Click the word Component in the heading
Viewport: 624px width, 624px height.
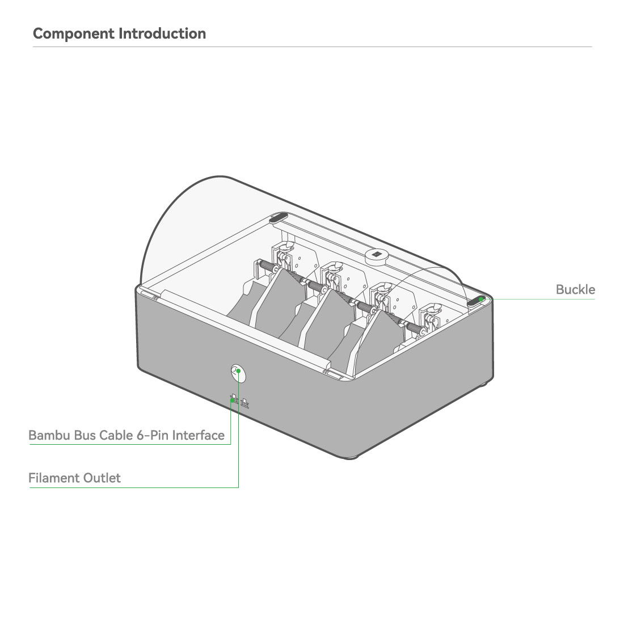coord(74,34)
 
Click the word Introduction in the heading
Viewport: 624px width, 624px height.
coord(162,33)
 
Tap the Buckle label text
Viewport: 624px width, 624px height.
coord(575,289)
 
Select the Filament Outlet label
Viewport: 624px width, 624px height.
coord(74,478)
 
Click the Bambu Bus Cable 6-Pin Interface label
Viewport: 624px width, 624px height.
coord(127,435)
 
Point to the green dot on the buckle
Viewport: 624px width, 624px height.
coord(481,300)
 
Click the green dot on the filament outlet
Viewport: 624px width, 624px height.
coord(238,371)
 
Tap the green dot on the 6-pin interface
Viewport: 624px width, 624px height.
coord(233,400)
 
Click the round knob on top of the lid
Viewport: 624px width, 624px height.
coord(376,255)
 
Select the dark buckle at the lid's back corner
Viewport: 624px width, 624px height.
coord(279,218)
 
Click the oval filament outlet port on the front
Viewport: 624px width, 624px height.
coord(238,374)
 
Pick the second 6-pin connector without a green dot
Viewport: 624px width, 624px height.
coord(244,403)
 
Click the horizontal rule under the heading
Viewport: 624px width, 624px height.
coord(313,47)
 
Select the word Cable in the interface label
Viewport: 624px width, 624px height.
coord(116,435)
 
